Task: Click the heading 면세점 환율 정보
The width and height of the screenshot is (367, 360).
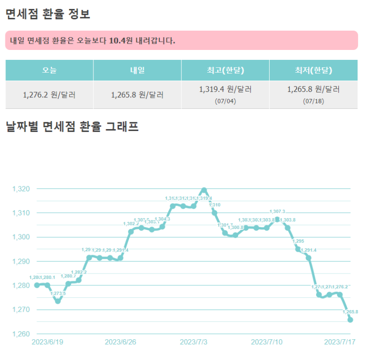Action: coord(47,14)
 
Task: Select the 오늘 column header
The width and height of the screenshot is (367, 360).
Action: coord(49,70)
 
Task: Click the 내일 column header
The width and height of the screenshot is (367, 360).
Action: coord(137,70)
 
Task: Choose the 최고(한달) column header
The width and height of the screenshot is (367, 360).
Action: coord(225,70)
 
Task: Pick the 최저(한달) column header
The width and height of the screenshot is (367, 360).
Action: coord(313,70)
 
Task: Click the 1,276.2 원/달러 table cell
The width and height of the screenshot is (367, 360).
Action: coord(49,94)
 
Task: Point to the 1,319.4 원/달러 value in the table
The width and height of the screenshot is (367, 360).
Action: coord(225,90)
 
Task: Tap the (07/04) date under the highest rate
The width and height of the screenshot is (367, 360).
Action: coord(225,101)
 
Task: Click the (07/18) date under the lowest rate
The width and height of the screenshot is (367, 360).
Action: coord(313,101)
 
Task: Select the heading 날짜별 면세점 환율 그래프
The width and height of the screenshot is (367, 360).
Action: coord(72,127)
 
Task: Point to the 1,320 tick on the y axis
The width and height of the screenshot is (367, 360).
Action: coord(21,189)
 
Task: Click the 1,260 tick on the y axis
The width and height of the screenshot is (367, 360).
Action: coord(21,334)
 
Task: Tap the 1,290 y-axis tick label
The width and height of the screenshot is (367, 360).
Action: coord(21,261)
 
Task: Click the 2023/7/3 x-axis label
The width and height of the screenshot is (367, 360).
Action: coord(194,342)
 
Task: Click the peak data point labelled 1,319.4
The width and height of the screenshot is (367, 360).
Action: coord(204,190)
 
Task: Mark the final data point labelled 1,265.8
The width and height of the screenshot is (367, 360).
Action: coord(350,320)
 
